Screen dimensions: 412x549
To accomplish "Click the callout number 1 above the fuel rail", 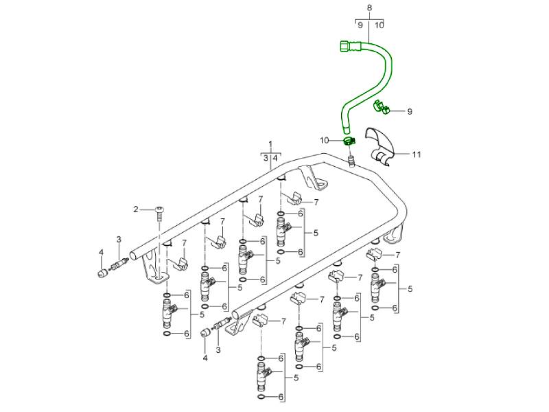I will click(x=270, y=145).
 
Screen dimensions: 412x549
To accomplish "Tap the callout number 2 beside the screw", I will click(x=136, y=209).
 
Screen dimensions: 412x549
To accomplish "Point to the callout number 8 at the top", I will click(x=369, y=8).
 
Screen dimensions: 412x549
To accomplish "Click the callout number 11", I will click(x=417, y=154).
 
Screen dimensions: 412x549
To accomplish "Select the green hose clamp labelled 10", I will click(x=349, y=141).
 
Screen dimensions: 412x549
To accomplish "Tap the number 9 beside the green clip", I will click(x=409, y=111).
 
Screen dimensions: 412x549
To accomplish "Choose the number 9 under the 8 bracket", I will click(x=360, y=25).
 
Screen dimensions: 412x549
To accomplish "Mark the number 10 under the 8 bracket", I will click(x=379, y=25).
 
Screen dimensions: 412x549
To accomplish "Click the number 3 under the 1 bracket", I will click(x=265, y=158).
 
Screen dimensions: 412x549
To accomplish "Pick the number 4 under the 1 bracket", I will click(x=276, y=158).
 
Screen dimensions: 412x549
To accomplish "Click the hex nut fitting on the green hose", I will click(x=344, y=47).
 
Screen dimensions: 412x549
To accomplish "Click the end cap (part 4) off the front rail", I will click(x=205, y=332).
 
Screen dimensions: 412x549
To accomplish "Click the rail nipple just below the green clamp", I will click(x=351, y=161).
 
